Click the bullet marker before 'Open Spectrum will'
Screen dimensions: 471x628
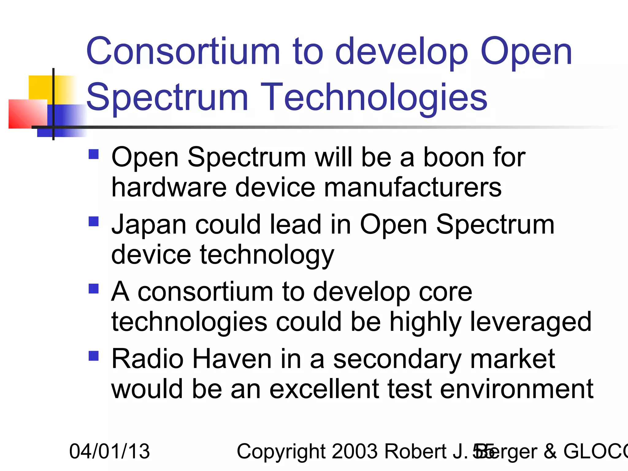(x=94, y=154)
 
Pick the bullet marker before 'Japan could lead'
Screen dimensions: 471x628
(x=94, y=221)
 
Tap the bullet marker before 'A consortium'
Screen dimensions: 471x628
(x=94, y=289)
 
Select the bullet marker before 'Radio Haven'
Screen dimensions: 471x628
(x=94, y=356)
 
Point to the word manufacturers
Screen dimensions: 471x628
(x=412, y=188)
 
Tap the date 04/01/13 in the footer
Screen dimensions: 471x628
(x=109, y=451)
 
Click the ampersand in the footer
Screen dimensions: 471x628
(x=550, y=451)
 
